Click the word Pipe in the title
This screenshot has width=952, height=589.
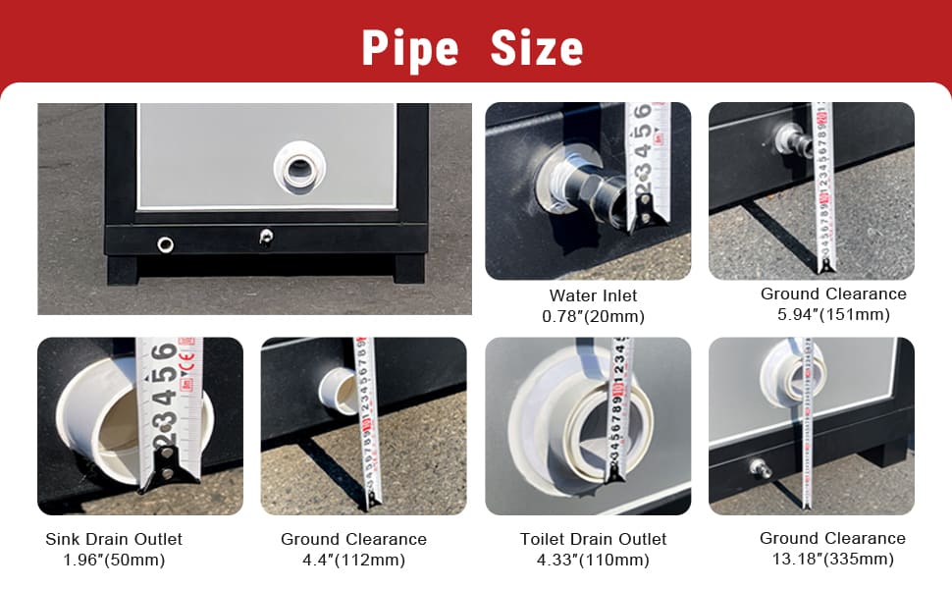coord(410,48)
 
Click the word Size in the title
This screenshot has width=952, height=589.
coord(537,48)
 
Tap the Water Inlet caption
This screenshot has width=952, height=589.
coord(593,295)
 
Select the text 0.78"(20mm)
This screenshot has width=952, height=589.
coord(593,316)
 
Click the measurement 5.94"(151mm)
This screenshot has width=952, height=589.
coord(833,314)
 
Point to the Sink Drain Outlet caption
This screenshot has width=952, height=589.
coord(114,539)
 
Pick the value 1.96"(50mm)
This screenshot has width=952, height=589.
coord(114,560)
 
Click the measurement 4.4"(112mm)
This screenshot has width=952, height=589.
coord(354,560)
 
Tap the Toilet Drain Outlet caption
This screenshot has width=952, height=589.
coord(593,539)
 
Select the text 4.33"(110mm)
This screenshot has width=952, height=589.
coord(593,560)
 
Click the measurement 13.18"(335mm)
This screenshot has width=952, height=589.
coord(833,559)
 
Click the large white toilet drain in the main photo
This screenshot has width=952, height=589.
coord(299,168)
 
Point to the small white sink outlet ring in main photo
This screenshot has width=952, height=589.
coord(165,244)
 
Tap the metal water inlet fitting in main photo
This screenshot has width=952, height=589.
coord(266,237)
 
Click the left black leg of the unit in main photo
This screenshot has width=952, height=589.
coord(124,270)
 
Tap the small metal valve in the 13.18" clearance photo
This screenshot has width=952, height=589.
coord(761,468)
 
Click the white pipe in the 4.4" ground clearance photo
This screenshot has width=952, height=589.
coord(338,391)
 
